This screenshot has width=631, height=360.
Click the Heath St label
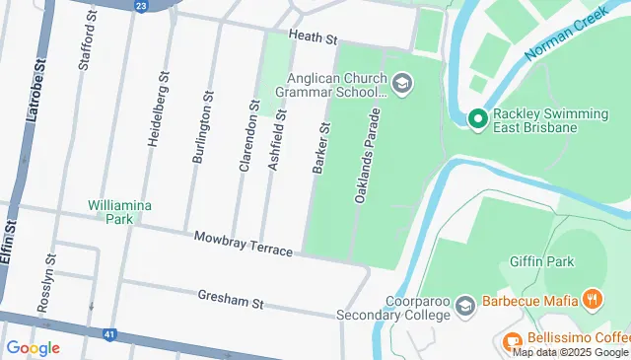[x=314, y=38]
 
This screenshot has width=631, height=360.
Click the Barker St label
[x=319, y=148]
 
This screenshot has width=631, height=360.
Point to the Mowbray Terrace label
[x=243, y=245]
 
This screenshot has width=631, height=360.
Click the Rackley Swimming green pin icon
[x=478, y=120]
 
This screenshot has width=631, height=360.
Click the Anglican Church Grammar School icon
[x=401, y=84]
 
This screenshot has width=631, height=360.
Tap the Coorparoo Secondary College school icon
[x=463, y=306]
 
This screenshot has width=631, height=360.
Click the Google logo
[x=33, y=347]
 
